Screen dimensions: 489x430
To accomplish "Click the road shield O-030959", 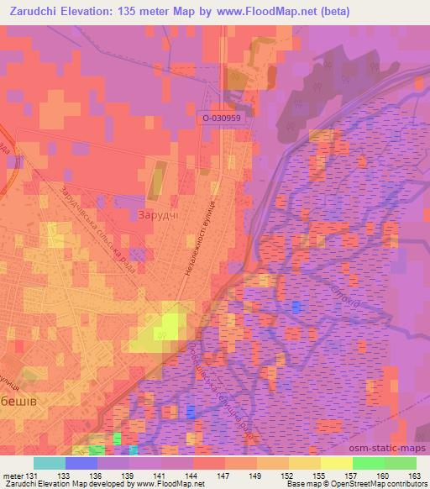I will tap(222, 119).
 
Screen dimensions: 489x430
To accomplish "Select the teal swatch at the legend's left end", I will tap(50, 462).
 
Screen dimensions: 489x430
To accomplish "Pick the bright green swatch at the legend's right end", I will tap(400, 462).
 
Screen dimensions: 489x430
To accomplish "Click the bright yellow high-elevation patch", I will tap(170, 325).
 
